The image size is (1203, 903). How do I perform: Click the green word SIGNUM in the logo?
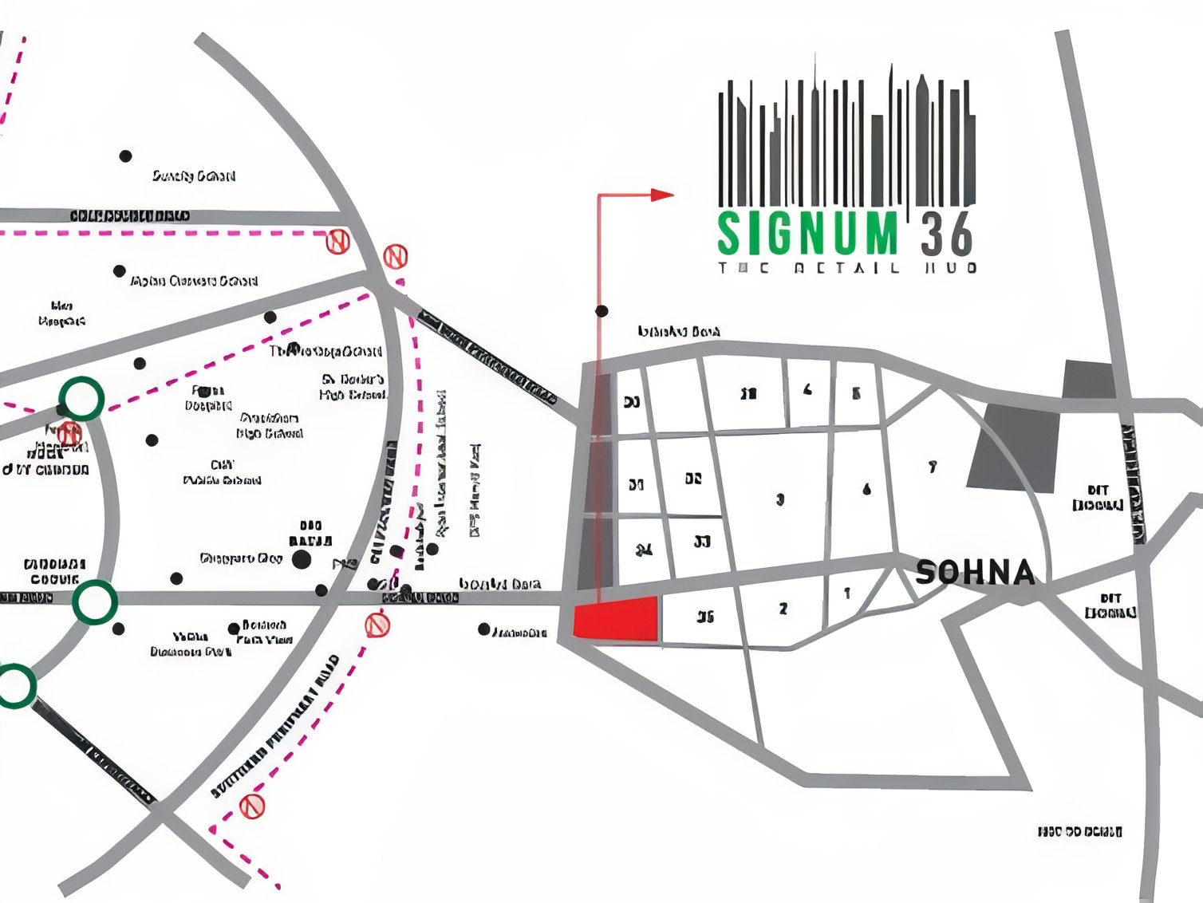pyautogui.click(x=807, y=234)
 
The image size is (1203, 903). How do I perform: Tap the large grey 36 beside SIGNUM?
pyautogui.click(x=947, y=234)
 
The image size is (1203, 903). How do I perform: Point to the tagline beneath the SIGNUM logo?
pyautogui.click(x=847, y=268)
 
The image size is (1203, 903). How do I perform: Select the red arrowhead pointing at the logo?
pyautogui.click(x=661, y=195)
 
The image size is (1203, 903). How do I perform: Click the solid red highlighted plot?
pyautogui.click(x=617, y=618)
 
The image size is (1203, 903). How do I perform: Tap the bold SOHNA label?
pyautogui.click(x=975, y=573)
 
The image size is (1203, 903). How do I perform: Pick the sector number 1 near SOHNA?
pyautogui.click(x=847, y=593)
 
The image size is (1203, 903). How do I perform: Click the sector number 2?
pyautogui.click(x=783, y=609)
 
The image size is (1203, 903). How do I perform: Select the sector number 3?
pyautogui.click(x=780, y=499)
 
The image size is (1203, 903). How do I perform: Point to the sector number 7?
pyautogui.click(x=932, y=467)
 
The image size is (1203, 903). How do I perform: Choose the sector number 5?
pyautogui.click(x=857, y=393)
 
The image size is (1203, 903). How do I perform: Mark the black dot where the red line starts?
pyautogui.click(x=601, y=311)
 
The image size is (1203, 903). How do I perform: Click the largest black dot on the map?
pyautogui.click(x=302, y=559)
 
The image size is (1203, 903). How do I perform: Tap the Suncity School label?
pyautogui.click(x=194, y=175)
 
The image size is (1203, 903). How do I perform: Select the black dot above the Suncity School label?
pyautogui.click(x=125, y=156)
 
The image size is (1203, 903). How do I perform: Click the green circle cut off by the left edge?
pyautogui.click(x=14, y=686)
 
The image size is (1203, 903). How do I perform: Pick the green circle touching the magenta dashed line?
pyautogui.click(x=81, y=399)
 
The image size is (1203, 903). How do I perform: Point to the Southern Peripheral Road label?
pyautogui.click(x=275, y=728)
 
